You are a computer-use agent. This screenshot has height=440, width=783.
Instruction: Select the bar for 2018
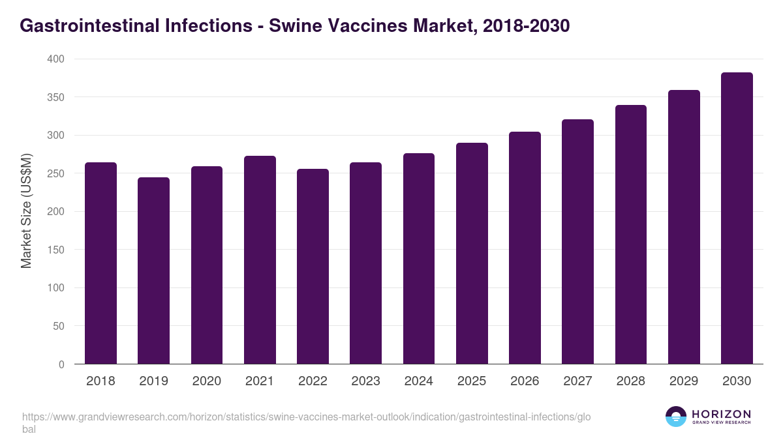(x=101, y=263)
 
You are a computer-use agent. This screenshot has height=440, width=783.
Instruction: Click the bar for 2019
(x=154, y=271)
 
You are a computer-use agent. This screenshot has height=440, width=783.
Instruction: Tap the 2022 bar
(x=313, y=267)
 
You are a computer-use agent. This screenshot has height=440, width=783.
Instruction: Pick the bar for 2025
(x=472, y=254)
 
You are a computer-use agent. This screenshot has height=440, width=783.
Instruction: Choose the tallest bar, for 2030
(x=737, y=218)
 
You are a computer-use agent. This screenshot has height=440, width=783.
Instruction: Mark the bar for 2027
(x=577, y=242)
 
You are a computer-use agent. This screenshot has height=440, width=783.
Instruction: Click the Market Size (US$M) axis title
(x=27, y=211)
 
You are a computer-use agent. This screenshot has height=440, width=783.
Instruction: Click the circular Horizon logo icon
(x=676, y=417)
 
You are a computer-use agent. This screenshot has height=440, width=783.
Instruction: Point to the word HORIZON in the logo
(x=722, y=414)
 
